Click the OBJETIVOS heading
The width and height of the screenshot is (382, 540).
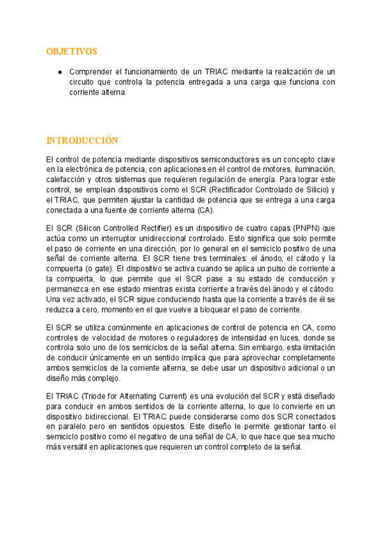click(x=72, y=51)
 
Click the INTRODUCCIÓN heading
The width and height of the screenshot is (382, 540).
click(x=83, y=140)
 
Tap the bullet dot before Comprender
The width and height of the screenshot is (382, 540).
click(x=59, y=72)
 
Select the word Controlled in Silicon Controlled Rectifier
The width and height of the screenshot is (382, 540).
click(x=122, y=227)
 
